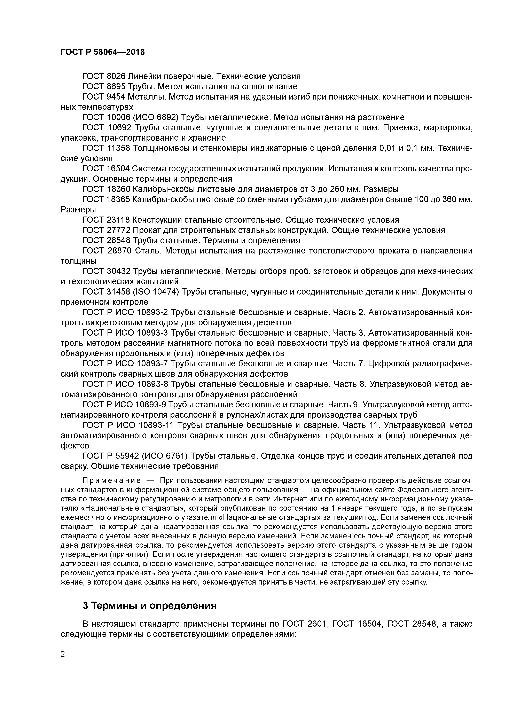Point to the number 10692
pos(119,128)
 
